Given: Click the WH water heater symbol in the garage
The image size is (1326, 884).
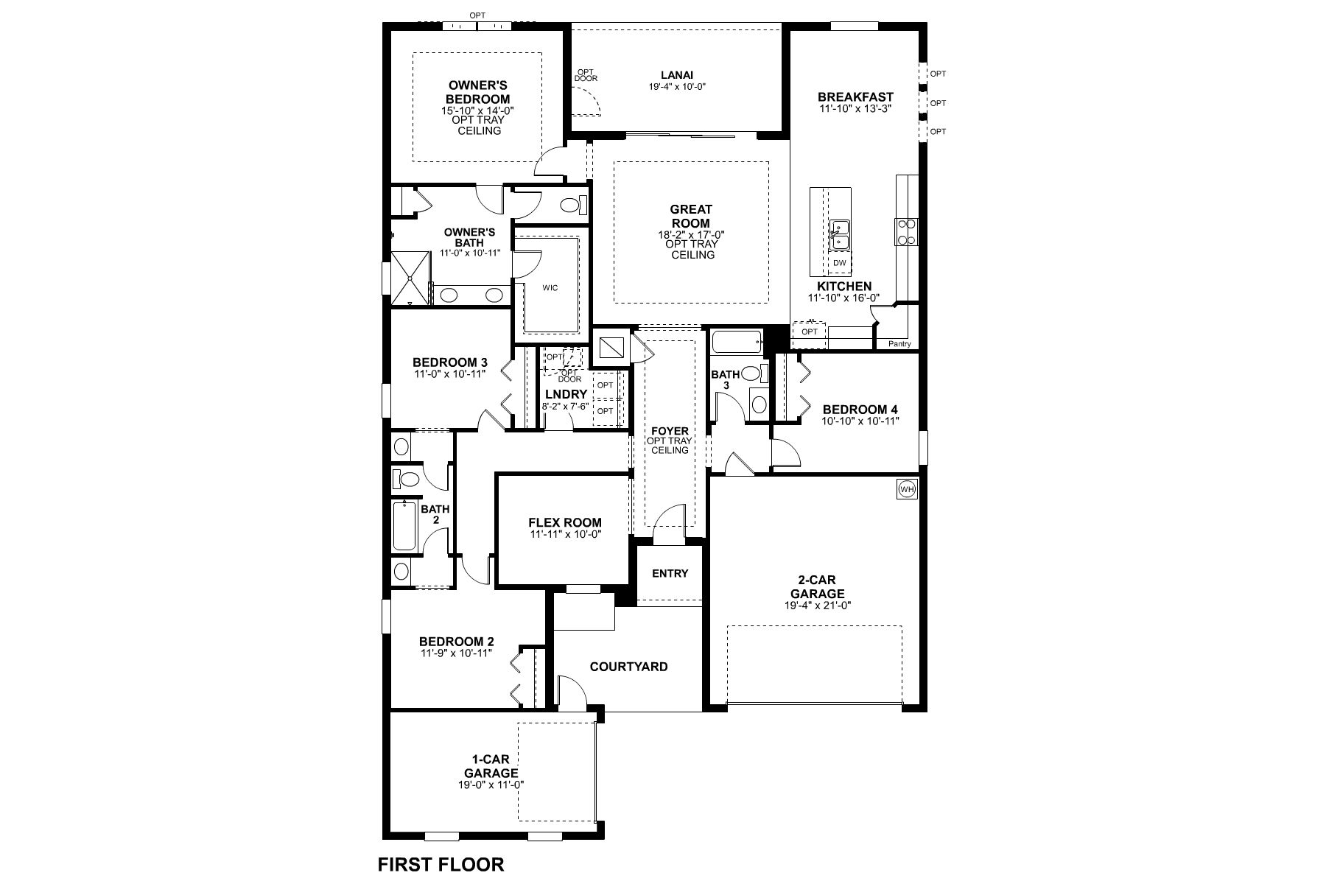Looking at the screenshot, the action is click(x=906, y=489).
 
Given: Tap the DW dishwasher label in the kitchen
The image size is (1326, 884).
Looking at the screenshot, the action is click(x=840, y=262).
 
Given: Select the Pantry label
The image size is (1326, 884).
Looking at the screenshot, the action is click(x=899, y=344).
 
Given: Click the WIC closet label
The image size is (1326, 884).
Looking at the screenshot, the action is click(x=550, y=288).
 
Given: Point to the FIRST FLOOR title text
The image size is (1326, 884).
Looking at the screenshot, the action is click(x=441, y=864).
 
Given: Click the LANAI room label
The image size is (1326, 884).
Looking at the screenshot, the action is click(x=677, y=74).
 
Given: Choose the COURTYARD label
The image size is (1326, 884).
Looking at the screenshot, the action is click(x=629, y=667).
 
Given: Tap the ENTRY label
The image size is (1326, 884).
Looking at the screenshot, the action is click(x=670, y=573).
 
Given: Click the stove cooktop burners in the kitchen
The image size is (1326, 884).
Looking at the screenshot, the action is click(x=905, y=231).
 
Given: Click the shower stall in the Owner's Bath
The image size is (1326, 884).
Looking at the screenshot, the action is click(x=409, y=278).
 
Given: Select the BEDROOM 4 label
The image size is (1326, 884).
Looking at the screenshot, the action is click(x=860, y=410).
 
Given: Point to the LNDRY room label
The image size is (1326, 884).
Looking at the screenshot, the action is click(x=566, y=395).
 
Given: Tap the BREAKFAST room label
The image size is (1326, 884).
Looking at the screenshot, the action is click(x=855, y=97).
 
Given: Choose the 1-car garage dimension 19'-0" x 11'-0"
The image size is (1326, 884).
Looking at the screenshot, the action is click(x=491, y=785).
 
